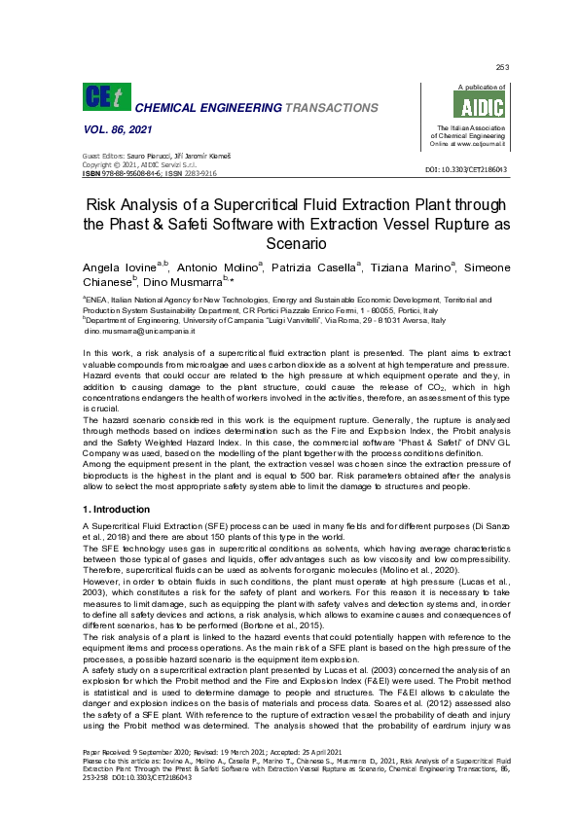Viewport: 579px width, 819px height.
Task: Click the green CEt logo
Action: click(105, 96)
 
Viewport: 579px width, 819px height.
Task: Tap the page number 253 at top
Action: click(502, 67)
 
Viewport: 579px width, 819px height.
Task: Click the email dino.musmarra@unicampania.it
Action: click(127, 332)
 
